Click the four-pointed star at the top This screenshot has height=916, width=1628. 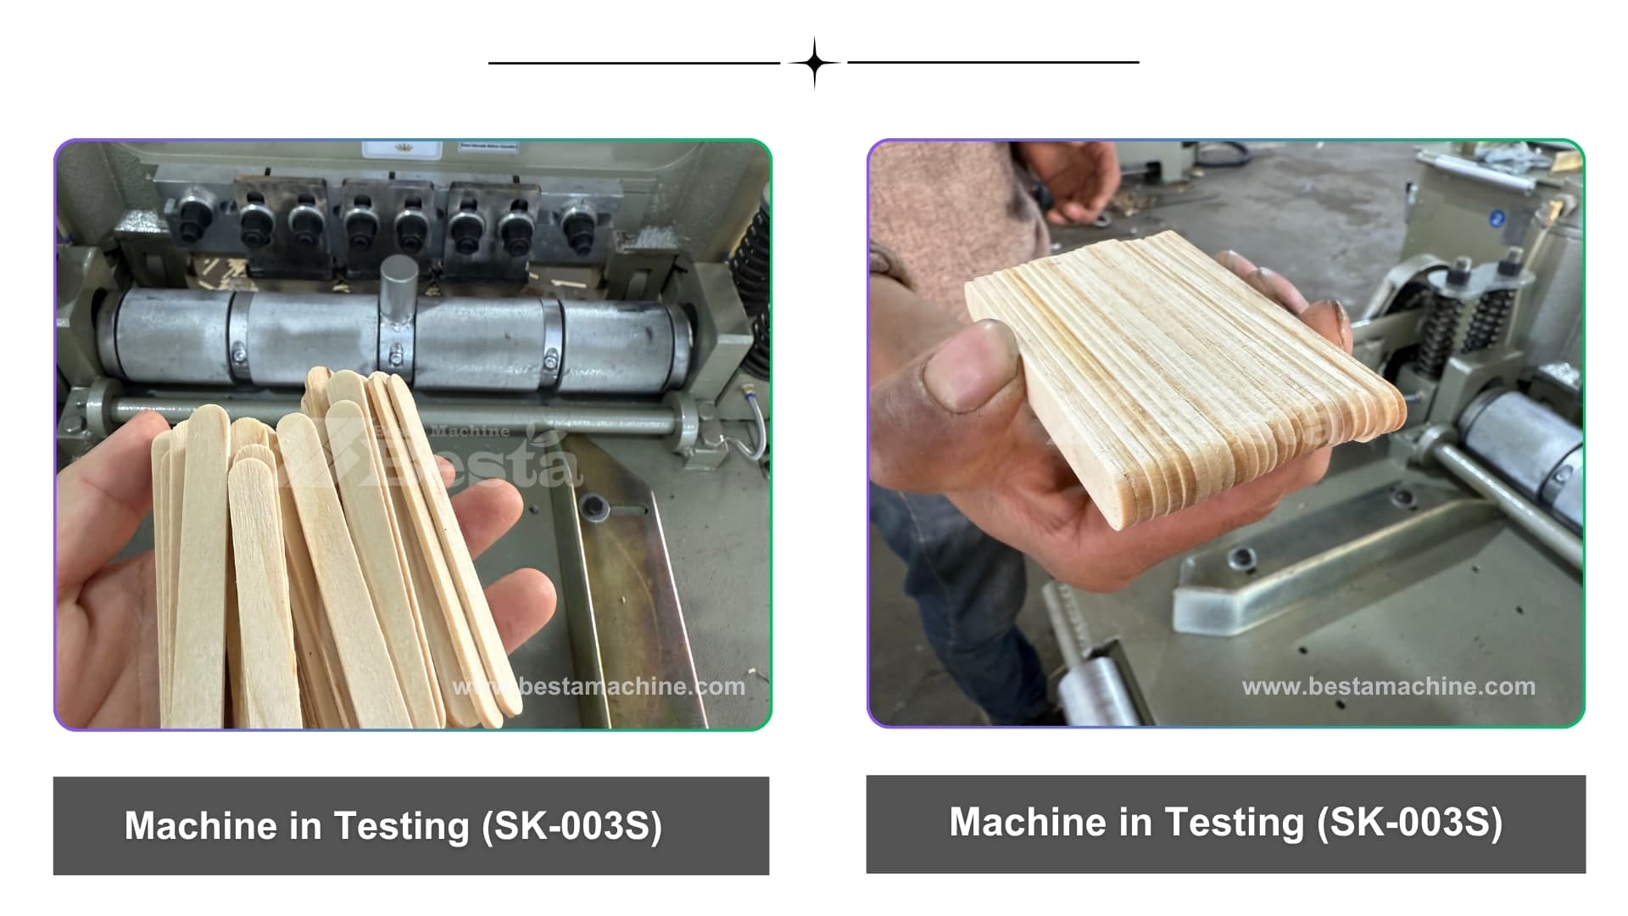pyautogui.click(x=814, y=63)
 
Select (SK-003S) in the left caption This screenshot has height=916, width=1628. pyautogui.click(x=571, y=826)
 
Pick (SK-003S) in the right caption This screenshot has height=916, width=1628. pyautogui.click(x=1409, y=822)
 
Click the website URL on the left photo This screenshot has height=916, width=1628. pyautogui.click(x=599, y=686)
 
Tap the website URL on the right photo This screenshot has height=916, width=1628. pyautogui.click(x=1389, y=686)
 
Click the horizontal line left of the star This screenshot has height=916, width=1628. pyautogui.click(x=634, y=63)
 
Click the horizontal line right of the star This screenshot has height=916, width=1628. pyautogui.click(x=993, y=62)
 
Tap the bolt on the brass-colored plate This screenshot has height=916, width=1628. pyautogui.click(x=594, y=507)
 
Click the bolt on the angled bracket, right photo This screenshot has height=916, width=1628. pyautogui.click(x=1242, y=558)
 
